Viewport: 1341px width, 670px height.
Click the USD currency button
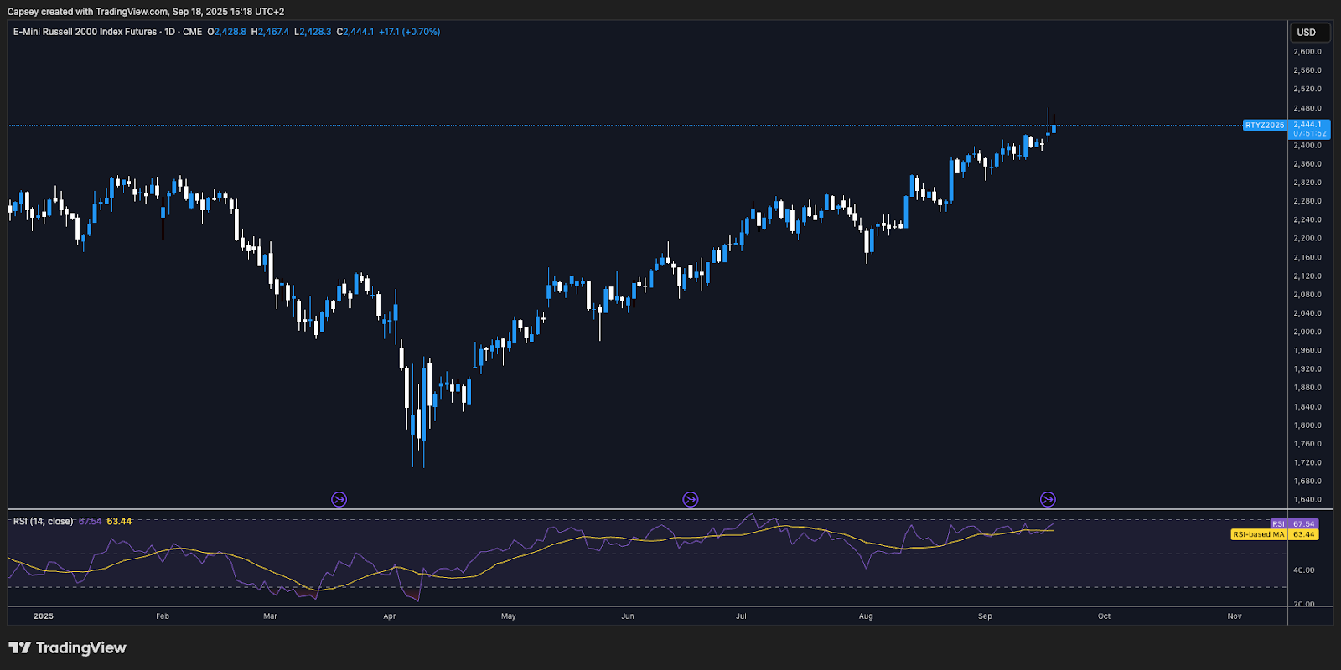click(x=1307, y=33)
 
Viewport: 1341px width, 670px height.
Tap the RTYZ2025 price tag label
click(x=1264, y=125)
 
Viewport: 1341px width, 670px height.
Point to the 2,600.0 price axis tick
click(x=1307, y=52)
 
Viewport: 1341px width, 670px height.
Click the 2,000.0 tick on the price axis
click(x=1307, y=332)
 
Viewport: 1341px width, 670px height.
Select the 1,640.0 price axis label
click(x=1307, y=500)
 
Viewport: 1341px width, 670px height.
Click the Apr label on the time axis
click(x=390, y=616)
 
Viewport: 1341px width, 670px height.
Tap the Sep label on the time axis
click(x=985, y=616)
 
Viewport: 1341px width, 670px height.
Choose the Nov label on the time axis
click(x=1235, y=616)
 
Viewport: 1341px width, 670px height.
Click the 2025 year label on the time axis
click(x=44, y=616)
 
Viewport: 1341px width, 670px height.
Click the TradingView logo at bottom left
click(x=67, y=647)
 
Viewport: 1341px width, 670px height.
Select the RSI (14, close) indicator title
click(x=43, y=522)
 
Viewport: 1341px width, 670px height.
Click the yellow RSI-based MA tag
click(x=1259, y=534)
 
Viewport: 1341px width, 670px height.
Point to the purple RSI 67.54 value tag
click(x=1295, y=524)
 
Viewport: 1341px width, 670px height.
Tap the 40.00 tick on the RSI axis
click(x=1303, y=570)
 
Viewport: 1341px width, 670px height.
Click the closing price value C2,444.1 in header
click(x=355, y=32)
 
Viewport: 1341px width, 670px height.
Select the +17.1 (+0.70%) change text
click(x=409, y=32)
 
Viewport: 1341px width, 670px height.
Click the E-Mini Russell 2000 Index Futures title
click(x=85, y=32)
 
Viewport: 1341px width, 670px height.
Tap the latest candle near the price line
click(x=1054, y=127)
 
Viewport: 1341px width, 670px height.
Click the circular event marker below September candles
click(x=1048, y=500)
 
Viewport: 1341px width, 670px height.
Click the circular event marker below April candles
click(x=339, y=500)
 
